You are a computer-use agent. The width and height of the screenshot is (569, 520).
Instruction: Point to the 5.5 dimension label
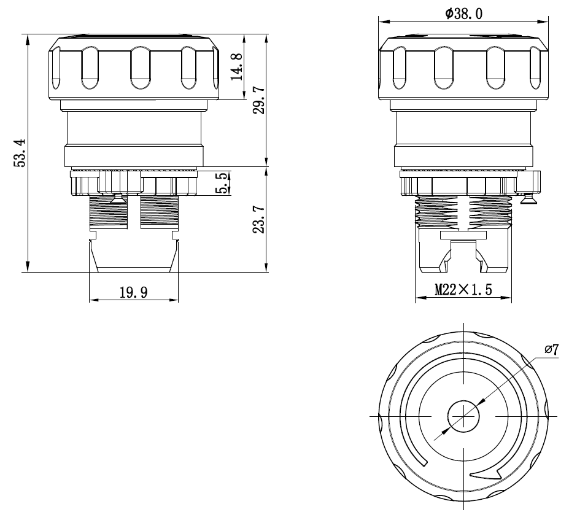click(x=222, y=183)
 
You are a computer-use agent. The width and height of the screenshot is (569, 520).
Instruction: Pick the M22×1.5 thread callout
click(x=463, y=290)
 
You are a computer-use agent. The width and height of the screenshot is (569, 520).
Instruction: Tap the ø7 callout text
click(x=551, y=350)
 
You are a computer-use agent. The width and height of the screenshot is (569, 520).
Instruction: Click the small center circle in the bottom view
click(x=463, y=416)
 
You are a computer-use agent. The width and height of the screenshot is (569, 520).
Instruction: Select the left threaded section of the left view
click(x=109, y=211)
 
